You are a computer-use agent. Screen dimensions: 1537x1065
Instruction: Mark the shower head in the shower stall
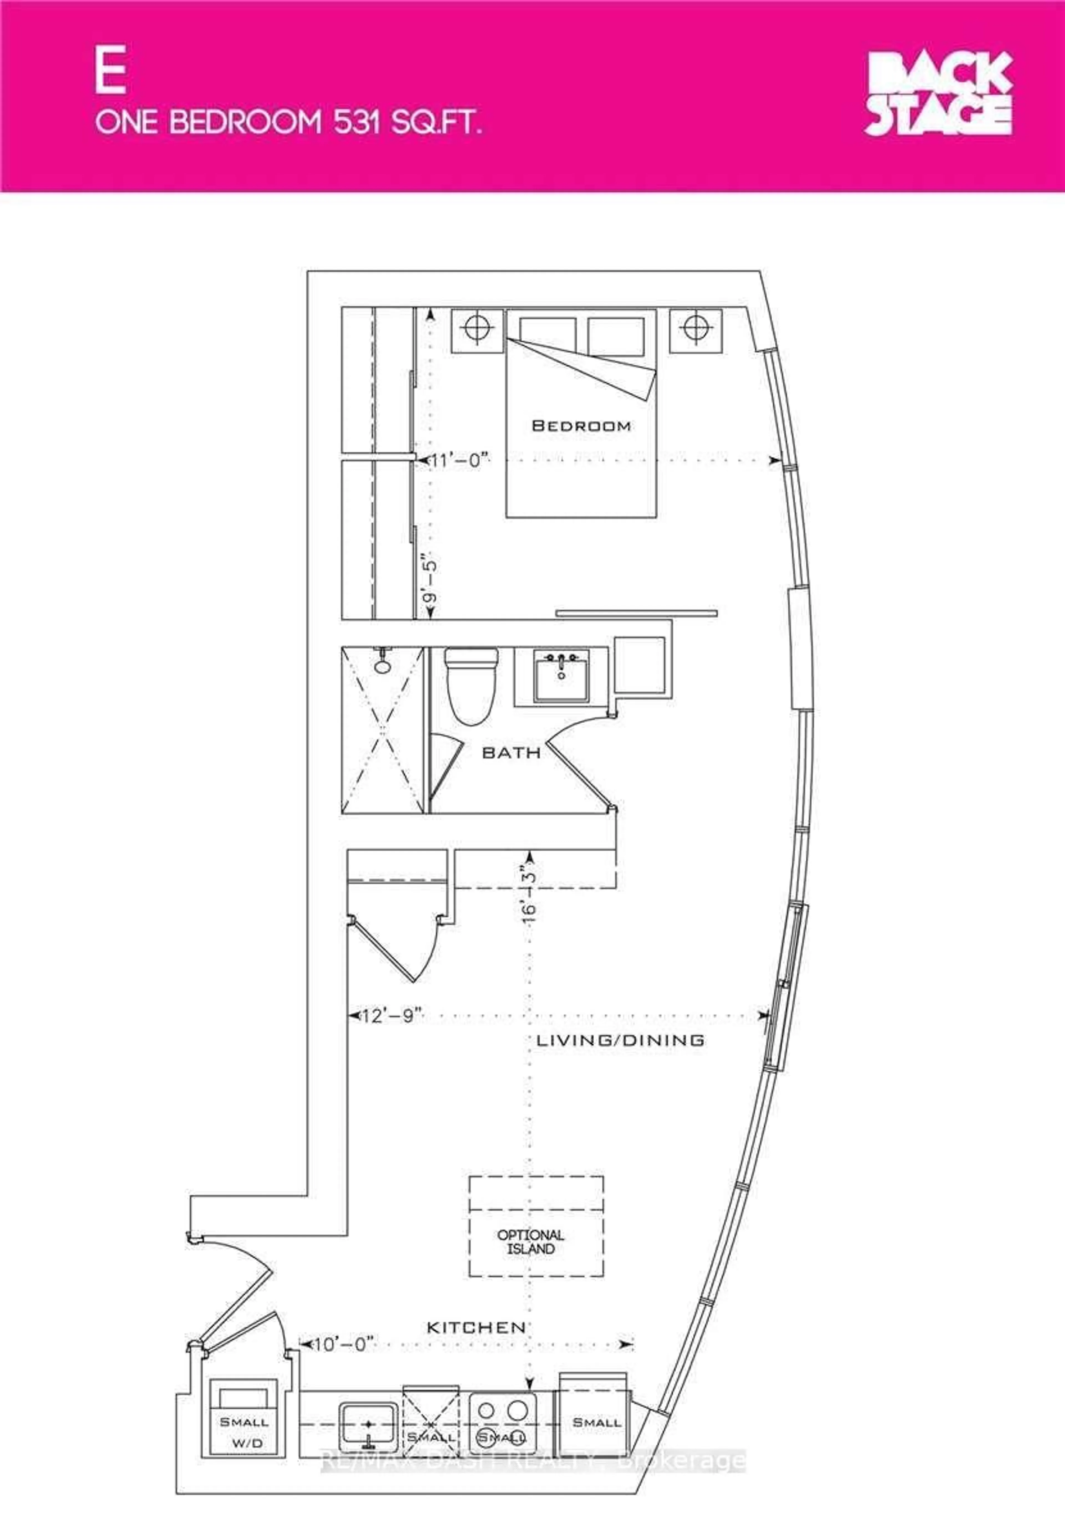[x=382, y=664]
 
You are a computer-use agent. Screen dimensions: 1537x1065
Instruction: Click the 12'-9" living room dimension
[x=392, y=1016]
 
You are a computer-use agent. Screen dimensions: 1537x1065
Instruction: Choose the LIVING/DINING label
[x=620, y=1040]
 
